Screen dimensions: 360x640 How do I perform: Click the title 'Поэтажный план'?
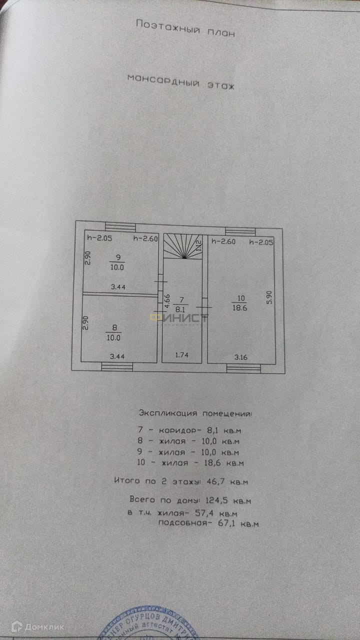[185, 28]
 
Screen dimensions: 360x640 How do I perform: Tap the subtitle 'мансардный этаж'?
[180, 81]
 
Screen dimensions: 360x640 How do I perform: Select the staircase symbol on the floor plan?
[183, 246]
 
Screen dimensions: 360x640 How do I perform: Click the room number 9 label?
[118, 257]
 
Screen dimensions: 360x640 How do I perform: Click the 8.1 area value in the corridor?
[181, 309]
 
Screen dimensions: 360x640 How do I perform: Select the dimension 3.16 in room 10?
[241, 357]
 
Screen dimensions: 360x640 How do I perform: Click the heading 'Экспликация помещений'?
[195, 414]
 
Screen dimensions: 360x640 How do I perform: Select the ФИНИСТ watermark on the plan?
[180, 318]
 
